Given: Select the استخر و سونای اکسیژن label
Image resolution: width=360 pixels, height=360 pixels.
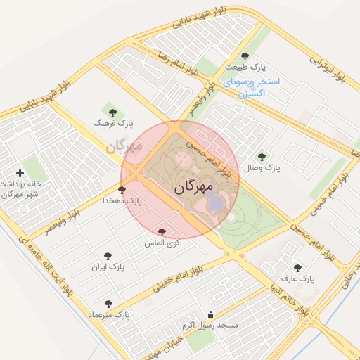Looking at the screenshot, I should [251, 87].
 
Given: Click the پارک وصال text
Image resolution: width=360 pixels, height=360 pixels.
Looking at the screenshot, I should [262, 169].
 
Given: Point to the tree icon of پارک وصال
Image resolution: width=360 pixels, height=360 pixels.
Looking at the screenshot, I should [262, 157].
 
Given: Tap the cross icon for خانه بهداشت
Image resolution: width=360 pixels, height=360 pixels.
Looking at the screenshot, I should [20, 172].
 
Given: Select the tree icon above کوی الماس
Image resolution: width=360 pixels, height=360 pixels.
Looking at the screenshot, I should [162, 231].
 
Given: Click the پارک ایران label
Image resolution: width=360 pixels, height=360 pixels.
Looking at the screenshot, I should [107, 268].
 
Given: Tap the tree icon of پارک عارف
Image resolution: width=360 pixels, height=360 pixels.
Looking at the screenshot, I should [297, 267].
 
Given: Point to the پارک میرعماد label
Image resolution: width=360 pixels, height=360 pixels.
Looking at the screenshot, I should [109, 314].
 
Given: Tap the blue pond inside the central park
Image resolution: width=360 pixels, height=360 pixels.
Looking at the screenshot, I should [217, 202].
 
